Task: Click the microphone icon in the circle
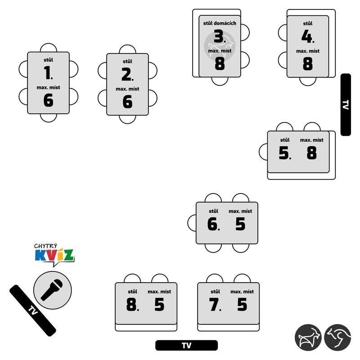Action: coord(52,290)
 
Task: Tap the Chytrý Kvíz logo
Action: coord(54,254)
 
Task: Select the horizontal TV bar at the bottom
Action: coord(186,345)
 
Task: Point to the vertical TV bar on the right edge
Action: coord(346,105)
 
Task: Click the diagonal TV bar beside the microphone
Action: coord(33,310)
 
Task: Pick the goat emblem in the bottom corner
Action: coord(308,337)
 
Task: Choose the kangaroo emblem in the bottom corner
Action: coord(337,337)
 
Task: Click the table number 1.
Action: coord(48,72)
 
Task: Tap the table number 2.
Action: coord(127,74)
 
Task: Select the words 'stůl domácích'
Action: coord(220,23)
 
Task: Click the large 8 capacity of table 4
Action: coord(308,63)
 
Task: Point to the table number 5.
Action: coord(285,153)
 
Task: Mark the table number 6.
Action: coord(213,224)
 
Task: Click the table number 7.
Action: coord(215,305)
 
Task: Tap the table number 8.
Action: coord(132,305)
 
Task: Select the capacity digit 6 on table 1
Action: coord(48,100)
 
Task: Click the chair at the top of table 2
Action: coord(127,49)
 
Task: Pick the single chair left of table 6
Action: coord(192,223)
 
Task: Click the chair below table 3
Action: coord(220,81)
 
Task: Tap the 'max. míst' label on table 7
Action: coord(242,292)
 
